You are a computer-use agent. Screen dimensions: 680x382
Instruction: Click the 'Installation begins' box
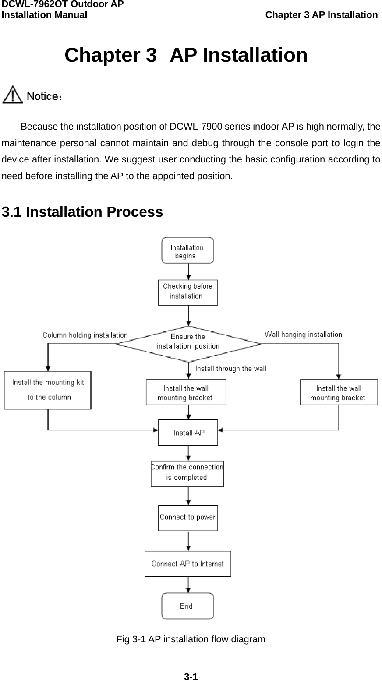tap(187, 250)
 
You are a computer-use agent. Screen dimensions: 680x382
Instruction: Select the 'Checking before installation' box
tap(187, 292)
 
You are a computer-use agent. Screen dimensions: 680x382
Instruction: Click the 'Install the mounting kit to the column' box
tap(48, 390)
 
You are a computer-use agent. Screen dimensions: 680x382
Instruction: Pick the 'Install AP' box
tap(187, 433)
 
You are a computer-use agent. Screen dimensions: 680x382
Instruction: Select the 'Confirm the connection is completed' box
tap(187, 473)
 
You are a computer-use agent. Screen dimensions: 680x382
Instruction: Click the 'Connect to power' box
tap(187, 518)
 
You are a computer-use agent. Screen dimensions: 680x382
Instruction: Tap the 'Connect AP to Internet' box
tap(187, 564)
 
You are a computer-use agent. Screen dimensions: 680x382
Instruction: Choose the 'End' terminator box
tap(187, 606)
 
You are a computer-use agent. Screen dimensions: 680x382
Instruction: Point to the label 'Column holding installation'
tap(85, 335)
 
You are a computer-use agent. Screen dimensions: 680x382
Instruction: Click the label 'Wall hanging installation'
tap(303, 335)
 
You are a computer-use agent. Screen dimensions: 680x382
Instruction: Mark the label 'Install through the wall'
tap(230, 369)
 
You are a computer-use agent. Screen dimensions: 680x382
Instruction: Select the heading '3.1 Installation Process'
tap(82, 212)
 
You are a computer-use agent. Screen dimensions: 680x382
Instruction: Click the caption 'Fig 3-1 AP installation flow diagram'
tap(191, 639)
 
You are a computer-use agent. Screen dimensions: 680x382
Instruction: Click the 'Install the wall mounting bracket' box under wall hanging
tap(338, 393)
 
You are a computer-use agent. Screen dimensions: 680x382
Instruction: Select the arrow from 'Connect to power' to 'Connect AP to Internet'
tap(188, 541)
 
